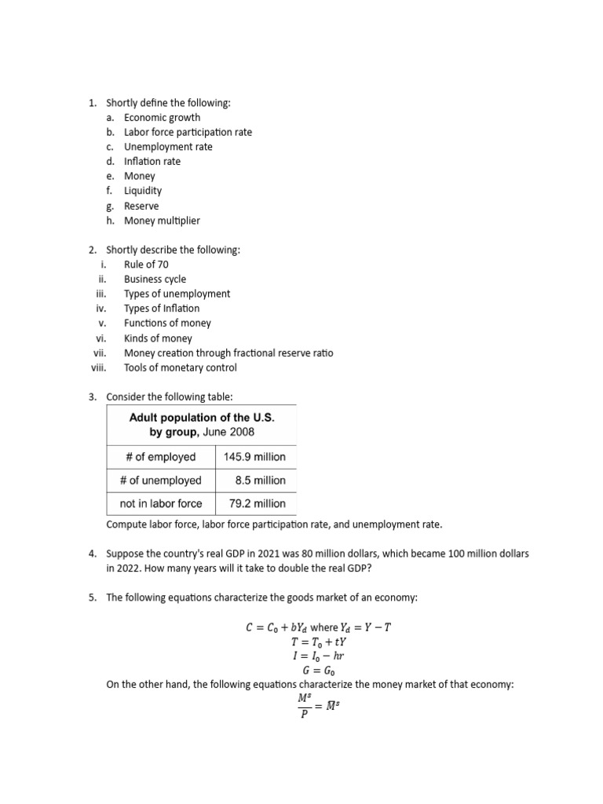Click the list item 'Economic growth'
[162, 117]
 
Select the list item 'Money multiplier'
[162, 221]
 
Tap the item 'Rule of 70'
[146, 265]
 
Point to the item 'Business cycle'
[155, 279]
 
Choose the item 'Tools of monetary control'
[180, 367]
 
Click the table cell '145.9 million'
[254, 456]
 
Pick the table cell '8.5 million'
[260, 480]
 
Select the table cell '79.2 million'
[254, 503]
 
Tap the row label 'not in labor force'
[161, 503]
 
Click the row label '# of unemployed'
[161, 480]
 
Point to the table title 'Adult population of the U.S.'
[202, 418]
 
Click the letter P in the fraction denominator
[301, 714]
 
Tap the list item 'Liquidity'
[143, 191]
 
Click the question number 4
[92, 554]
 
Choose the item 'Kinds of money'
[158, 338]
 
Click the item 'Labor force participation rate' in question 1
[188, 132]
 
